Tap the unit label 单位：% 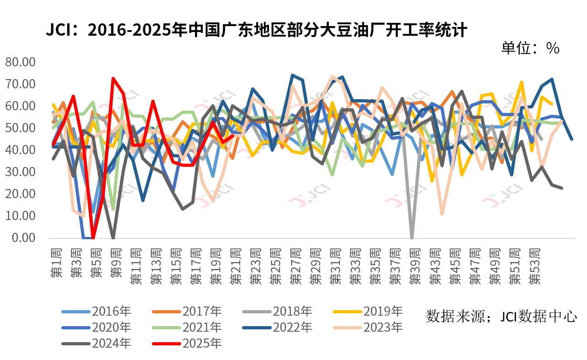(530, 48)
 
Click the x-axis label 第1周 (56, 263)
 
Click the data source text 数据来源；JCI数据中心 (501, 316)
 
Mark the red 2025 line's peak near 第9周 (113, 79)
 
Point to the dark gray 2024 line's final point (562, 188)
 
